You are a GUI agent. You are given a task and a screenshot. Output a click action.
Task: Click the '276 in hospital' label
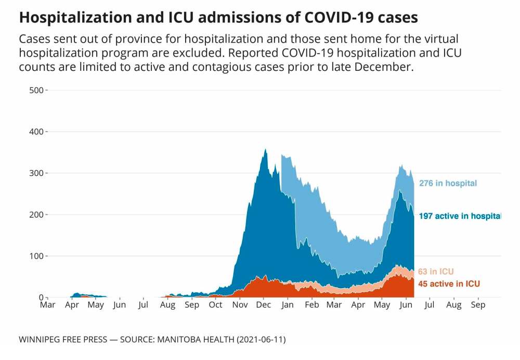(x=448, y=183)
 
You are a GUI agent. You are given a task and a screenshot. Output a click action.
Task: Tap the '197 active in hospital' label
(x=460, y=216)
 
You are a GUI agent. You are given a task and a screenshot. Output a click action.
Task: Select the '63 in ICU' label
(x=436, y=272)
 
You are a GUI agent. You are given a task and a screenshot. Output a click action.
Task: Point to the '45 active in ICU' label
(x=449, y=284)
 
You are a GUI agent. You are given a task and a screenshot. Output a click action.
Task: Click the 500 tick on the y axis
(x=36, y=90)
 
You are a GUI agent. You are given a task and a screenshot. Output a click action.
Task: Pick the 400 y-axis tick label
(x=36, y=132)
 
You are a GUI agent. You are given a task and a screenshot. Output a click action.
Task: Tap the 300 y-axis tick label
(x=36, y=173)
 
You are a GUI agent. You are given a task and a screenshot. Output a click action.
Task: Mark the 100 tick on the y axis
(x=36, y=256)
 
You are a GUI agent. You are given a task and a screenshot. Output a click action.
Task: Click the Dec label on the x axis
(x=263, y=305)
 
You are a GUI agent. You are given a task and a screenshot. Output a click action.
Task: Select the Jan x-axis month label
(x=287, y=305)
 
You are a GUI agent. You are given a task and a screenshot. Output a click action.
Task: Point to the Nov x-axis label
(x=239, y=305)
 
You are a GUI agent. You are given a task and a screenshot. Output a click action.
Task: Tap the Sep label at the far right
(x=478, y=305)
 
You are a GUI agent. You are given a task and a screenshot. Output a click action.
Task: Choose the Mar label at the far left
(x=48, y=305)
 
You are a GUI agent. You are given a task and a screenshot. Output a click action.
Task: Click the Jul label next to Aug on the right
(x=430, y=305)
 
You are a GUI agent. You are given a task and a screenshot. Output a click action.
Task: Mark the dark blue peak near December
(x=266, y=150)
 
